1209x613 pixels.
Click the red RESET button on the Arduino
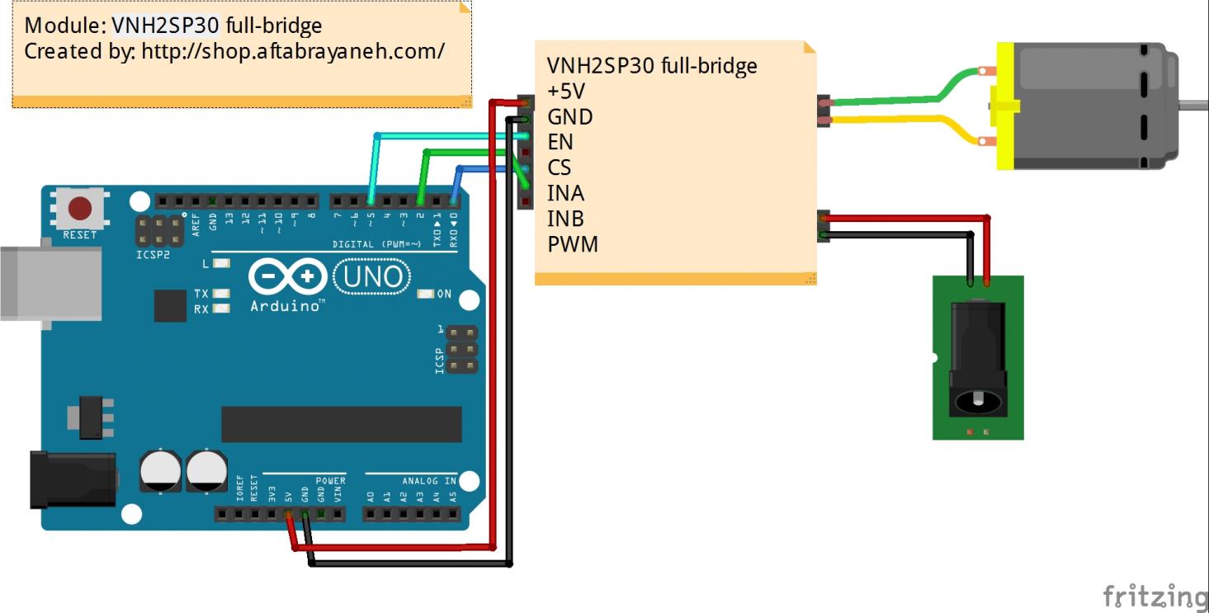(79, 208)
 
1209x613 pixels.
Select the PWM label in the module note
(572, 244)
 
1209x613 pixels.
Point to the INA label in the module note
(565, 193)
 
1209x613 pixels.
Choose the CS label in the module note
(559, 167)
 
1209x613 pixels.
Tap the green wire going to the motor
(908, 100)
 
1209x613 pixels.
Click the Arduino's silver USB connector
(50, 282)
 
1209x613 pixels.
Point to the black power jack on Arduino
(73, 479)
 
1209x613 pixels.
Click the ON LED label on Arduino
(444, 294)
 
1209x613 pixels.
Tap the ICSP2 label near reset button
(152, 255)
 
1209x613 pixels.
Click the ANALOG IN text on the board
(429, 480)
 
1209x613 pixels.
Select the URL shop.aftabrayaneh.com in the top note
(293, 51)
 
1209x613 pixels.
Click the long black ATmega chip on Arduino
(341, 424)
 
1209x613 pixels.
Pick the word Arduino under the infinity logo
(285, 306)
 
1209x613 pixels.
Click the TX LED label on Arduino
(201, 294)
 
